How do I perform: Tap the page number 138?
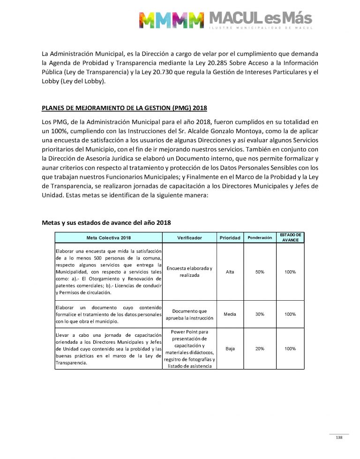339,437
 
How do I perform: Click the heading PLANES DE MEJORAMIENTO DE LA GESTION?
124,109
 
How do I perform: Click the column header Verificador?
189,238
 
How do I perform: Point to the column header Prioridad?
230,238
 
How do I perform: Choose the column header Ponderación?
260,238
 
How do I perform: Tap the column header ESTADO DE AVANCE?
291,237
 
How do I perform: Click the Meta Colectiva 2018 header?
109,238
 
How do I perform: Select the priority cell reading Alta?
230,272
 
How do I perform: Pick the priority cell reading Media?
230,314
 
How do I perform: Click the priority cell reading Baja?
230,349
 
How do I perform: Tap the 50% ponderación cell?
260,272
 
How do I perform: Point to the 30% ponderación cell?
260,314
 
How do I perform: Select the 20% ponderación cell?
260,349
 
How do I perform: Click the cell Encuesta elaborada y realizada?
189,272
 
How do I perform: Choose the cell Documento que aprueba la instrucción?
189,314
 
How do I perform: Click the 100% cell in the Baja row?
290,349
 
